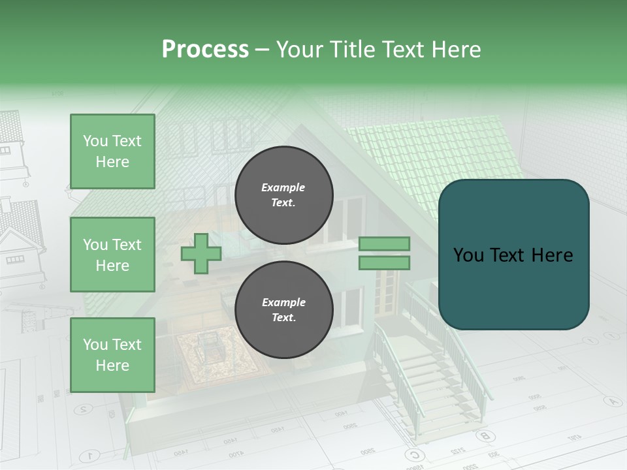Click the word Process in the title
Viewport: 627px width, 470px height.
click(205, 50)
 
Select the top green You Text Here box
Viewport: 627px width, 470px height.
click(112, 151)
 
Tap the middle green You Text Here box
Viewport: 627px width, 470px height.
click(112, 255)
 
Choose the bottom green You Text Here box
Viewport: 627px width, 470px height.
click(112, 354)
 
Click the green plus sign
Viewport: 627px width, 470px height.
click(201, 254)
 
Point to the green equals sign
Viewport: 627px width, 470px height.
click(384, 253)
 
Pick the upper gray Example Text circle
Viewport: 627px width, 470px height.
click(283, 195)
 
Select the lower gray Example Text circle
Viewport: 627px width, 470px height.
click(283, 310)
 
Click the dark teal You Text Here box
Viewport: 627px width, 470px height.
click(513, 255)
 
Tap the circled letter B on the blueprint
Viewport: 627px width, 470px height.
click(484, 435)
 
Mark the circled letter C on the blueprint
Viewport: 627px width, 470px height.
click(413, 454)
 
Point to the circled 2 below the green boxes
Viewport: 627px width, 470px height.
click(84, 409)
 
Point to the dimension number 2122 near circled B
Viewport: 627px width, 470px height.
click(458, 450)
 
